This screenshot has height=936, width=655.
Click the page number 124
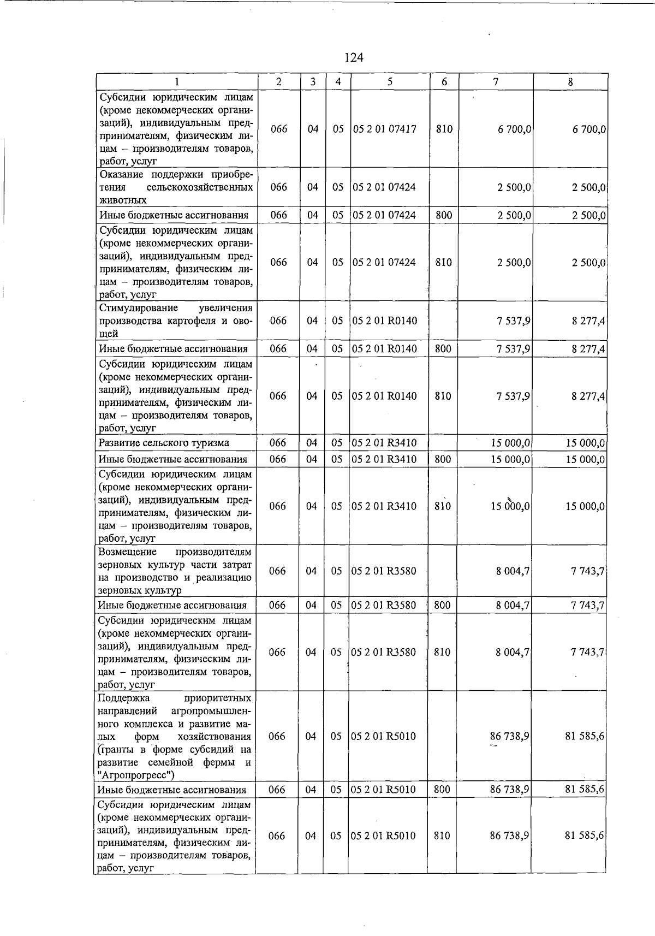pos(354,57)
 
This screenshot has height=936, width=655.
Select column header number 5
pos(390,82)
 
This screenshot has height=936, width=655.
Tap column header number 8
pos(570,82)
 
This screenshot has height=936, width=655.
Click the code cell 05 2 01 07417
pos(384,129)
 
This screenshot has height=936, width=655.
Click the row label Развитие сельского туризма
pos(164,443)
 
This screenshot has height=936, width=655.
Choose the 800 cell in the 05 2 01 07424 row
pos(444,215)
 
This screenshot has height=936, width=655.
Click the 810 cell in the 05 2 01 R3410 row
pos(442,506)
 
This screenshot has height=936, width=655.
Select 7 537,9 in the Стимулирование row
pos(514,321)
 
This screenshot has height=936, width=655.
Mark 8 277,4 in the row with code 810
pos(588,396)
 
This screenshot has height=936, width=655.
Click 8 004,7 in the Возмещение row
pos(513,571)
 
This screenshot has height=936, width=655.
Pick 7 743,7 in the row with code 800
pos(587,605)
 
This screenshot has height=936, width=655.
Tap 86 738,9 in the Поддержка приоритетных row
pos(509,736)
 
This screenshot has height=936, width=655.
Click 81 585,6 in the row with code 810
pos(584,836)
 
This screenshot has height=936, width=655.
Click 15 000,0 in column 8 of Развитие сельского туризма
pos(585,443)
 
